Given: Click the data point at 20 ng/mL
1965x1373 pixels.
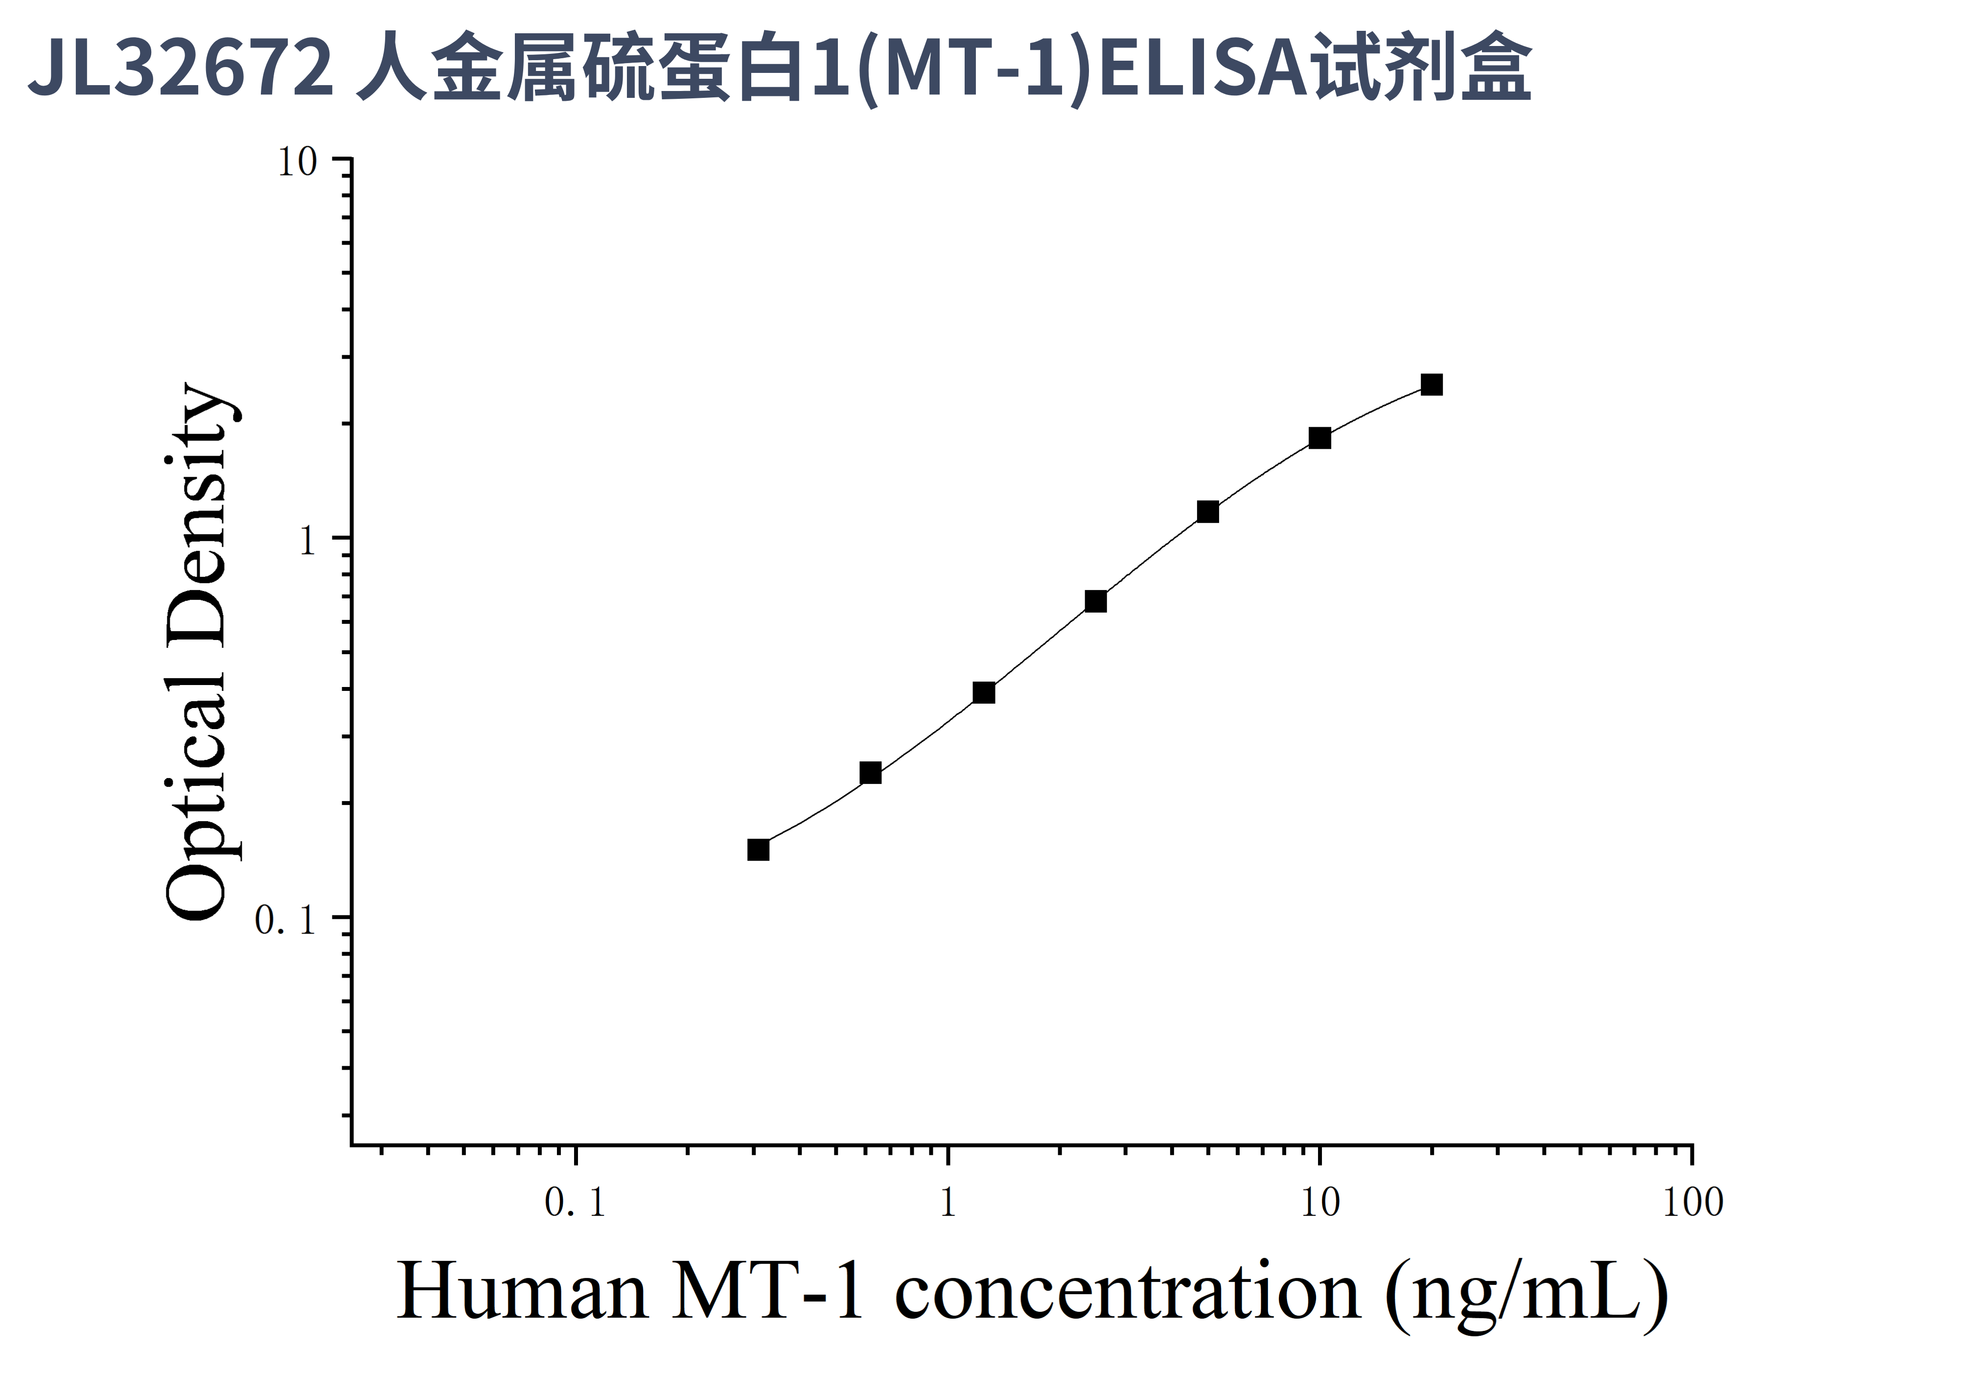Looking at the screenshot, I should [x=1431, y=385].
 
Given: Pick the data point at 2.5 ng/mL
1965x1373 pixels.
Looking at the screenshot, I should [x=1095, y=601].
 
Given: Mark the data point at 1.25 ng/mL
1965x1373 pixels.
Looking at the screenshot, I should [x=984, y=693].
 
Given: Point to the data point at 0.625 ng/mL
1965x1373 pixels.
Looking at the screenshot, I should [x=870, y=773].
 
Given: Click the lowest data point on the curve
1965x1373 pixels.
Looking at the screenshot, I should [x=758, y=849].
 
